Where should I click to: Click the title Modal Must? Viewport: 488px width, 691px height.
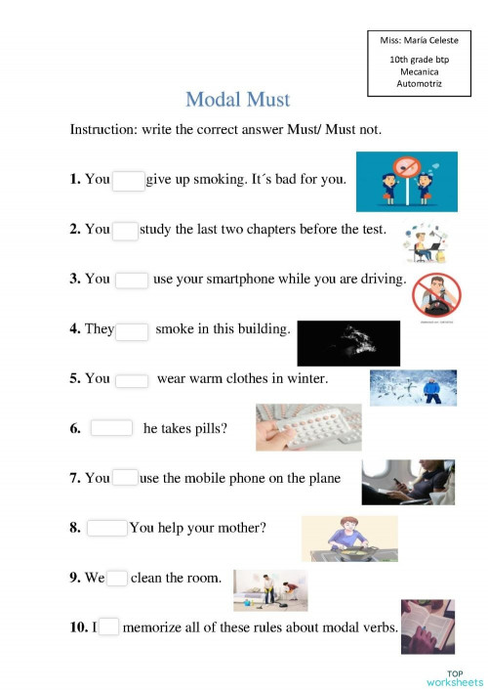pyautogui.click(x=237, y=99)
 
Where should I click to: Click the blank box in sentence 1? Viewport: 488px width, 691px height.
pyautogui.click(x=128, y=180)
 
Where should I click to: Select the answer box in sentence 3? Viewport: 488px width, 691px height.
pyautogui.click(x=132, y=280)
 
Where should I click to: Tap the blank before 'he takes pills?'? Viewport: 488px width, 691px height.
pyautogui.click(x=111, y=427)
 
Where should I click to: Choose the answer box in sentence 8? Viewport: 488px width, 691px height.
pyautogui.click(x=107, y=528)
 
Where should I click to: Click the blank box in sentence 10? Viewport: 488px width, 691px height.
pyautogui.click(x=108, y=627)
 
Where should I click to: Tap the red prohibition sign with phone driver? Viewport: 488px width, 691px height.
pyautogui.click(x=434, y=294)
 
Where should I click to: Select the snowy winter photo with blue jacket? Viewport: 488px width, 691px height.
pyautogui.click(x=413, y=387)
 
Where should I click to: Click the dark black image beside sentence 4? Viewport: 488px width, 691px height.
pyautogui.click(x=348, y=342)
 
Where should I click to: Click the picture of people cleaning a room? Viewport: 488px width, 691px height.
pyautogui.click(x=270, y=589)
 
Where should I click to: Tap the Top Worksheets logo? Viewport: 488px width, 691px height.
pyautogui.click(x=454, y=677)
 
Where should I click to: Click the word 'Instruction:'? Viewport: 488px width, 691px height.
pyautogui.click(x=103, y=129)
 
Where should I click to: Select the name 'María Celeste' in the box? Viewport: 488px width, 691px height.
pyautogui.click(x=427, y=40)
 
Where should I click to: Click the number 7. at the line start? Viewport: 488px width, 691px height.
pyautogui.click(x=75, y=478)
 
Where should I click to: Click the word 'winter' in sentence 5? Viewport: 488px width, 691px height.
pyautogui.click(x=305, y=378)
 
